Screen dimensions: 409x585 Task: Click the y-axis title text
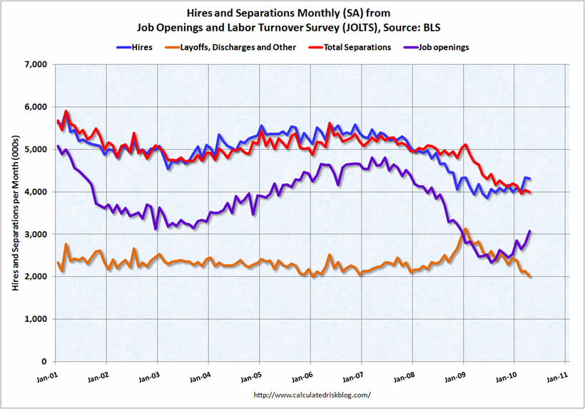click(x=16, y=214)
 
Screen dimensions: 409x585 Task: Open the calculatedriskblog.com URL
click(x=312, y=395)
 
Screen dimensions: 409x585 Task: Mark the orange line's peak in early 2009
click(x=466, y=229)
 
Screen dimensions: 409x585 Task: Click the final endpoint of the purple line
click(x=530, y=231)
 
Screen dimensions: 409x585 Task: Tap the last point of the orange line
click(x=530, y=277)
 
